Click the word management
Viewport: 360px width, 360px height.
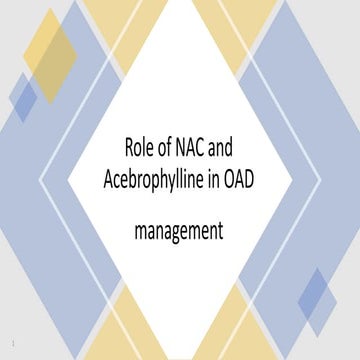[180, 232]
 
